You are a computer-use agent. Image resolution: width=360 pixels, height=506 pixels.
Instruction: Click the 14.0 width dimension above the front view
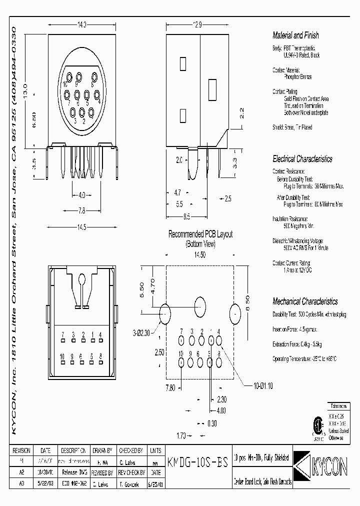82,24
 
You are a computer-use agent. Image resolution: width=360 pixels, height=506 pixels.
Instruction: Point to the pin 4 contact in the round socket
98,101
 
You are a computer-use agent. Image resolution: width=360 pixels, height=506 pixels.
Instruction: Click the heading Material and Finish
295,35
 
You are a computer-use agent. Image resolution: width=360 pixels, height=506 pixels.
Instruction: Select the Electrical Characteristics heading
302,159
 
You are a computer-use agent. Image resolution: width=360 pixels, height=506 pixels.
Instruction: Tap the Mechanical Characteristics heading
304,301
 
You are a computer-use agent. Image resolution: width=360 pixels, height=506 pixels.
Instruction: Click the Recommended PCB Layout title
200,234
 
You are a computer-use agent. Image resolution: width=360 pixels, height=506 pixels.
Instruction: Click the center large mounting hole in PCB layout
200,305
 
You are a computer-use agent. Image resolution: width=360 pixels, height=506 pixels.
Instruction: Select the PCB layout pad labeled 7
181,341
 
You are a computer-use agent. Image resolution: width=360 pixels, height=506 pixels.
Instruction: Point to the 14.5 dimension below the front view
82,227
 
